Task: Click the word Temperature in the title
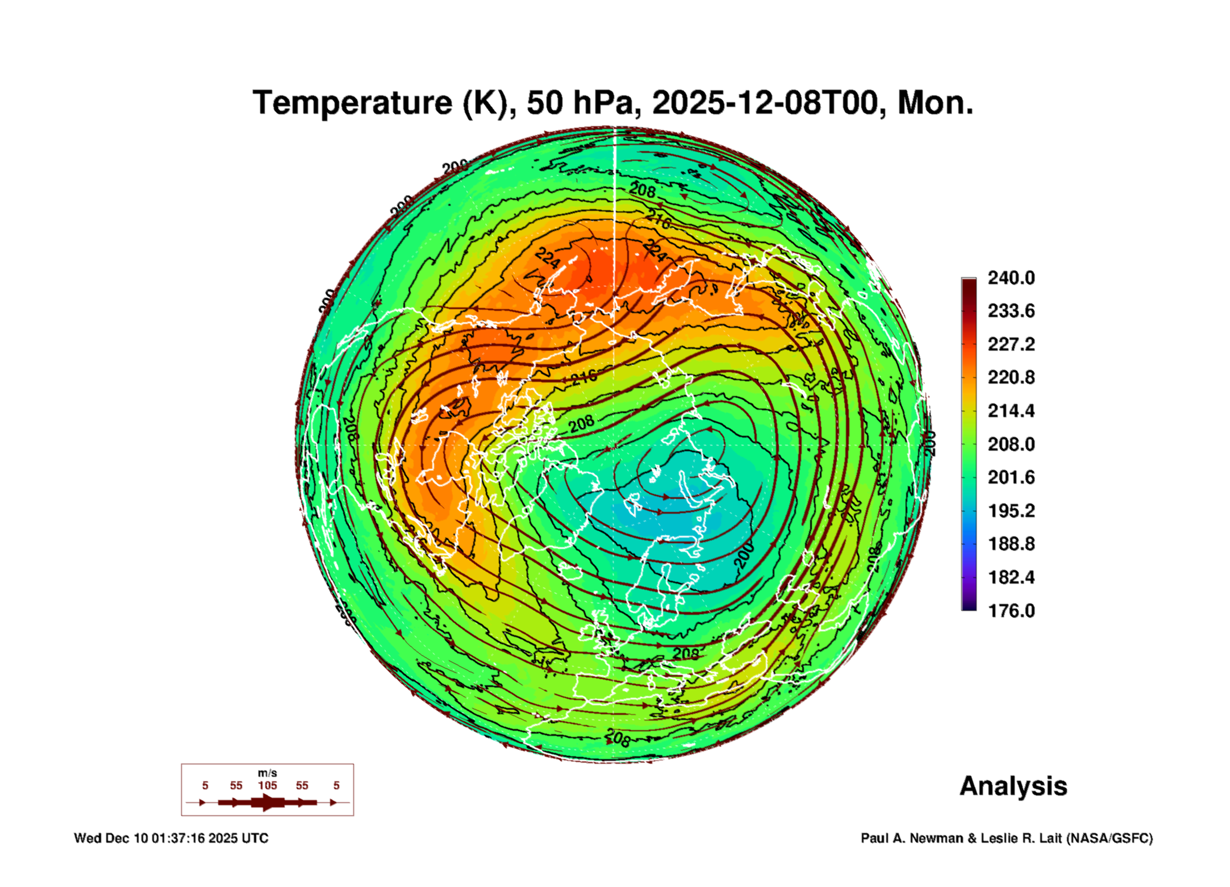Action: coord(352,103)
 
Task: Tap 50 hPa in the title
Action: coord(579,103)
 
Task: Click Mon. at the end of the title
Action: coord(935,103)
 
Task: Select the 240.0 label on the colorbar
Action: coord(1011,278)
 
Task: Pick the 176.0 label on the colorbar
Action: coord(1011,611)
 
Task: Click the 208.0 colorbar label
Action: coord(1011,444)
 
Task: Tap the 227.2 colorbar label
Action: coord(1011,344)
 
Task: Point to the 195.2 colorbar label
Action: coord(1011,511)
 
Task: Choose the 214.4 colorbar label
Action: coord(1011,411)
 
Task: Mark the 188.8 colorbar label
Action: coord(1011,544)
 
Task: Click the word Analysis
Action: coord(1013,786)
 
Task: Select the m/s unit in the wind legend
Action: coord(268,773)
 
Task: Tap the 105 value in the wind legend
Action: coord(268,786)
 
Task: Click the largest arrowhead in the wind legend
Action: coord(268,802)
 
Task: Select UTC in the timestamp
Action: coord(255,838)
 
